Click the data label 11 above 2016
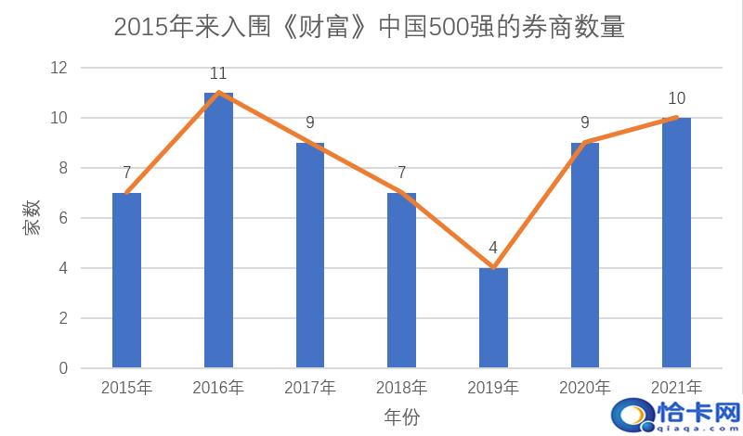coord(218,72)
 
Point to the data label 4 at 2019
coord(493,248)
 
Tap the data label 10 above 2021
coord(676,98)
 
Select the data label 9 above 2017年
coord(309,122)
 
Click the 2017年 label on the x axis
coord(309,387)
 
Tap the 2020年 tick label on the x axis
coord(584,387)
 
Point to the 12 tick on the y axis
coord(59,68)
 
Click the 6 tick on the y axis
coord(62,218)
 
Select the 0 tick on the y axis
coord(62,368)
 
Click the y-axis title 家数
coord(33,218)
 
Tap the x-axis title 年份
coord(401,417)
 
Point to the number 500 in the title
coord(448,27)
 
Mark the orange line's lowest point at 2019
coord(493,268)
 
